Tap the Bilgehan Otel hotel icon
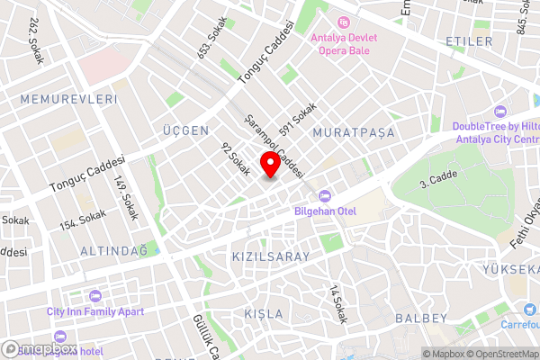coord(325,195)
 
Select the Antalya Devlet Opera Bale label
coord(346,38)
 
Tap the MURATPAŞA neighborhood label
coord(354,133)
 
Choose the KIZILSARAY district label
coord(270,256)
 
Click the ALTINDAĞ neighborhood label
coord(113,250)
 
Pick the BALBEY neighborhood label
coord(420,319)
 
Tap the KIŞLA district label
coord(264,314)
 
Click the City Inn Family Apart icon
coord(96,295)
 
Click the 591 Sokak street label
coord(298,119)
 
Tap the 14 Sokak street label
coord(337,303)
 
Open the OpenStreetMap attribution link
coord(500,354)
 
